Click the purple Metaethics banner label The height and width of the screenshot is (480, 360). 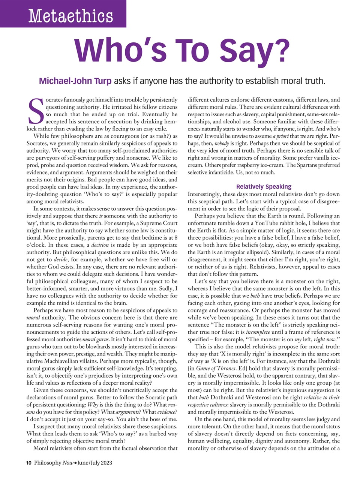tap(70, 16)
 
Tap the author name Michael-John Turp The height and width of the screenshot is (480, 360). tap(75, 81)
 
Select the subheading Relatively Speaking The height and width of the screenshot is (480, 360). tap(264, 186)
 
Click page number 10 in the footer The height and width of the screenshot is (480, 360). tap(29, 463)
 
